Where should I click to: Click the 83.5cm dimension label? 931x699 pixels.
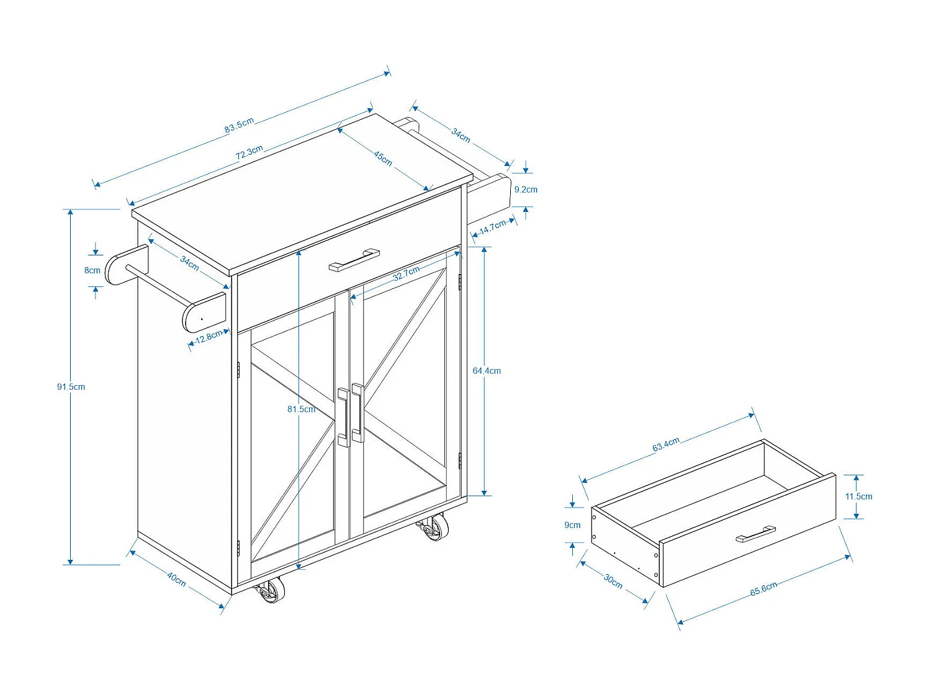[239, 125]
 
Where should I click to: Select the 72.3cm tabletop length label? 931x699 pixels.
[250, 152]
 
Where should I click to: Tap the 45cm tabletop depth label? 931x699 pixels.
[383, 158]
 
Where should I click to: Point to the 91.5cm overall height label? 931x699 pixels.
[71, 386]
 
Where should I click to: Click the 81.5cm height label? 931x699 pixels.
[301, 409]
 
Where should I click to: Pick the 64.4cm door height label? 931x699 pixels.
[487, 371]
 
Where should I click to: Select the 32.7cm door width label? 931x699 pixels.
[407, 273]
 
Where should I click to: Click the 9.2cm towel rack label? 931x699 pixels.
[526, 190]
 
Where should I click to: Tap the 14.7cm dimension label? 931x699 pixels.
[493, 227]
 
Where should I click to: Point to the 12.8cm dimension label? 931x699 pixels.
[209, 337]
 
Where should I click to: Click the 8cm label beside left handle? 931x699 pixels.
[92, 270]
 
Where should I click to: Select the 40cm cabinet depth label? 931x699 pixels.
[176, 580]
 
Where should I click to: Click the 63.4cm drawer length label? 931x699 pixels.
[666, 445]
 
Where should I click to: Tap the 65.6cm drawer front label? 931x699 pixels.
[763, 589]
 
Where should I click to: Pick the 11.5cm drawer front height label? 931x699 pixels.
[858, 496]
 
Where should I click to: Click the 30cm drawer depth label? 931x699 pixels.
[613, 581]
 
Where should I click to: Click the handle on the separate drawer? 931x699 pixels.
[756, 534]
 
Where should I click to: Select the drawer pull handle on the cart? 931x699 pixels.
[354, 260]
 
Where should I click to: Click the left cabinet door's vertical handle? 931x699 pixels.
[343, 416]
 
